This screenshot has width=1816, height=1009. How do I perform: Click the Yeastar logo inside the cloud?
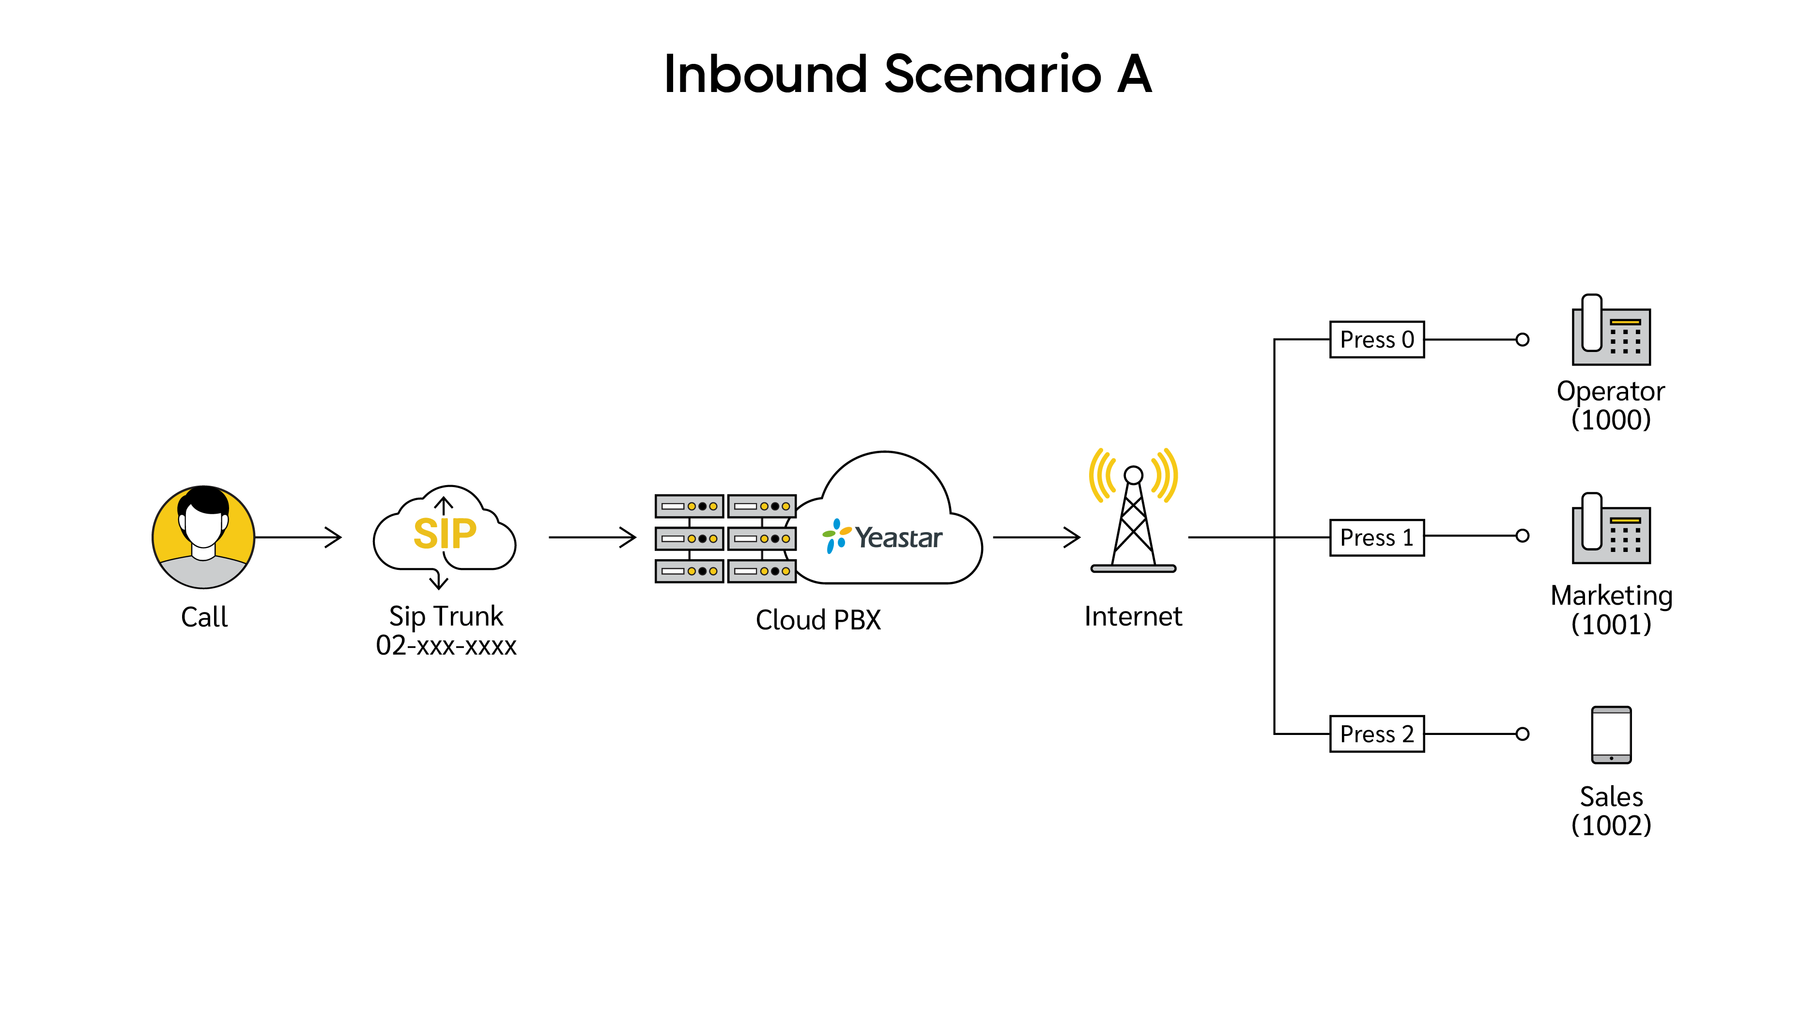click(x=882, y=537)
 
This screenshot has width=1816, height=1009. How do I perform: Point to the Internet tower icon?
click(x=1134, y=510)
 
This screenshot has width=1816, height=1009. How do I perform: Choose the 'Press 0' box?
click(x=1377, y=339)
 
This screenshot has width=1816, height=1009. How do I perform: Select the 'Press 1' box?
click(x=1377, y=537)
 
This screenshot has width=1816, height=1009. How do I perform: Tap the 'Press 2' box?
click(x=1377, y=734)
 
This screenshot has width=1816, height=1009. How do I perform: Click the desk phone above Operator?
click(x=1611, y=330)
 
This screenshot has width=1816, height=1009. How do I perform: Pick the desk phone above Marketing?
click(x=1611, y=528)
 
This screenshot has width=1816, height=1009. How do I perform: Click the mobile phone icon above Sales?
click(x=1612, y=735)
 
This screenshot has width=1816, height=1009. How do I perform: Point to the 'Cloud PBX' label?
click(x=818, y=620)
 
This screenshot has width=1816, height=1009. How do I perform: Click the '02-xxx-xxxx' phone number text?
click(x=446, y=645)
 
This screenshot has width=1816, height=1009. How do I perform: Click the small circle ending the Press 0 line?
click(x=1523, y=339)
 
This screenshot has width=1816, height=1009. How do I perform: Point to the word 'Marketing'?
click(x=1612, y=596)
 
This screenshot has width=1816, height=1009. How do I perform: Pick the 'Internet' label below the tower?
click(x=1134, y=616)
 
